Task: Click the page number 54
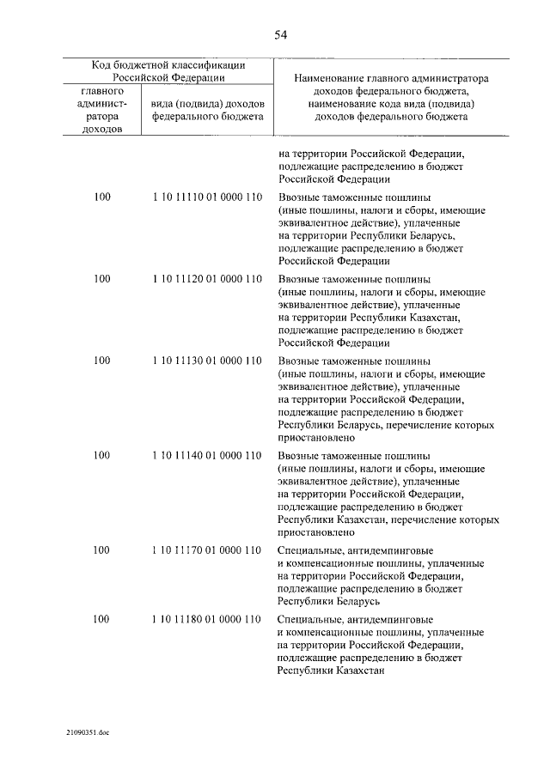[x=280, y=35]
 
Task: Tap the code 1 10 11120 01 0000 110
[x=206, y=279]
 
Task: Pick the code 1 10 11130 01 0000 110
[x=206, y=361]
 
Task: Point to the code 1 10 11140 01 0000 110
[x=206, y=455]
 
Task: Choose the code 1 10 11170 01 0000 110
[x=206, y=549]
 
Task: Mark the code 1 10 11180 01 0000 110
[x=206, y=619]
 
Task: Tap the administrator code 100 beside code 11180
[x=102, y=619]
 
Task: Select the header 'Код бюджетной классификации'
[x=169, y=65]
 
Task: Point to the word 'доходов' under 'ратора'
[x=103, y=129]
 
